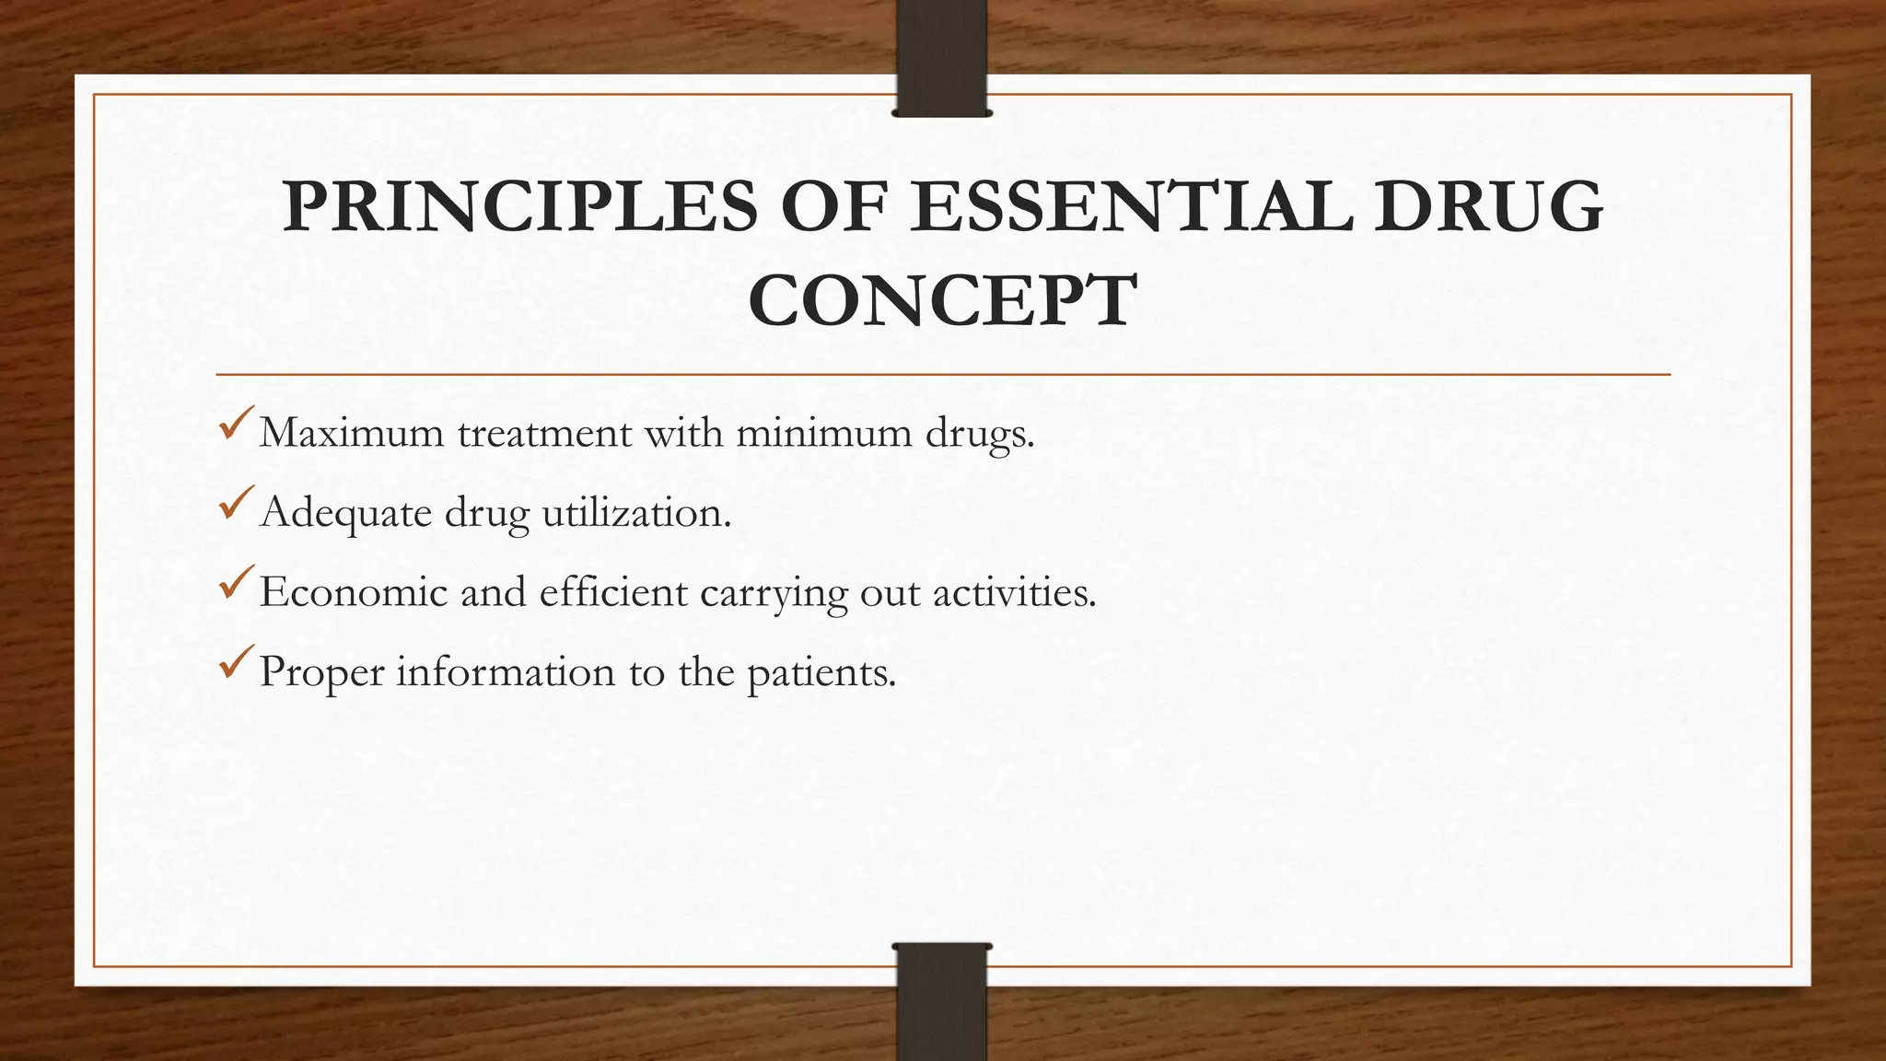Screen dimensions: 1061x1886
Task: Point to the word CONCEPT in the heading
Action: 942,300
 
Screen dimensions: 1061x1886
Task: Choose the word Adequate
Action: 345,512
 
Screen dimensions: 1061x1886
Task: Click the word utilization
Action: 636,512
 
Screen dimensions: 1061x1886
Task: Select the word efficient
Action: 613,592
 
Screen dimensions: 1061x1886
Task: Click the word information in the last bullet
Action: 506,671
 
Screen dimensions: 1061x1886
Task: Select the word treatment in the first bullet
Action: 545,433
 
